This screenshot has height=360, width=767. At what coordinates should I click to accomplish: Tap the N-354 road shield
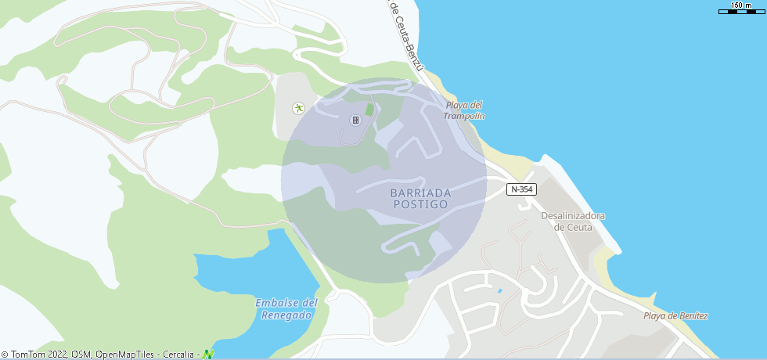(521, 189)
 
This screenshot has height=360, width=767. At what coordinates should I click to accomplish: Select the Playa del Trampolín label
(465, 110)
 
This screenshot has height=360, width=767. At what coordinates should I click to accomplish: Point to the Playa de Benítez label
(675, 316)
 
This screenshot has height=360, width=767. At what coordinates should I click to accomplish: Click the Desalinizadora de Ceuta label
(574, 221)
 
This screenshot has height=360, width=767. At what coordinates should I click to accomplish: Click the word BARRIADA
(420, 193)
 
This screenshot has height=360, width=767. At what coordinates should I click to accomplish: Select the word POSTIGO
(420, 204)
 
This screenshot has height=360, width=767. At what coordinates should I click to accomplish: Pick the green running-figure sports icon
(298, 109)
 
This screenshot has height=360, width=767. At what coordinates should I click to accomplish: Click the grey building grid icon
(355, 120)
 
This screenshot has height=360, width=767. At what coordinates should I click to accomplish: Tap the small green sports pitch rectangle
(369, 110)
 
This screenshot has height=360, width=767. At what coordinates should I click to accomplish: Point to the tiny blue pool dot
(499, 291)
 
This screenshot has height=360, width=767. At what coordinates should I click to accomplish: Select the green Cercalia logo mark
(208, 354)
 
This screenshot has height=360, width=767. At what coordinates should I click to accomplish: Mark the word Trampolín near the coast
(465, 116)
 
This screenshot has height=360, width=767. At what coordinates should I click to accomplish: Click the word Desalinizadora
(574, 216)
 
